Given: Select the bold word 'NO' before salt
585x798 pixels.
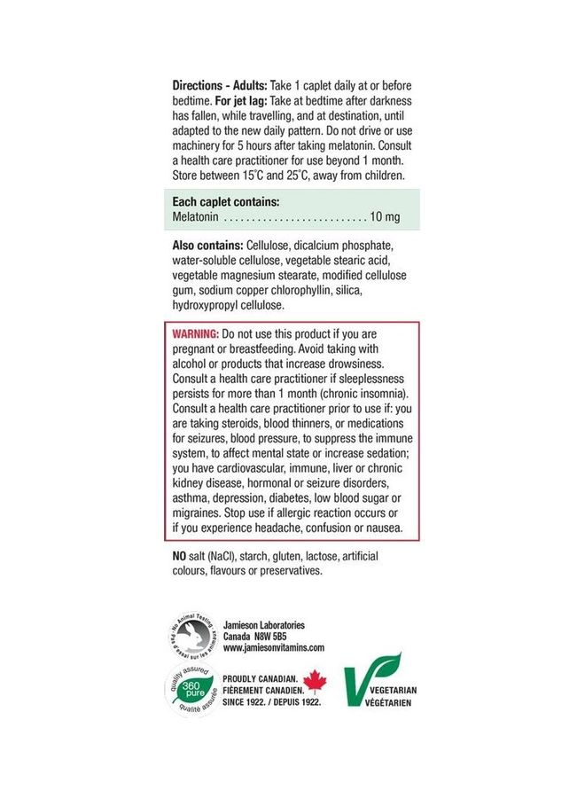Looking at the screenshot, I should click(178, 556).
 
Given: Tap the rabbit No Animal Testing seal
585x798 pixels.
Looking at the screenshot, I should click(192, 636).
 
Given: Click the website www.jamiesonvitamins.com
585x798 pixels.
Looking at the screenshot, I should click(274, 648).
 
